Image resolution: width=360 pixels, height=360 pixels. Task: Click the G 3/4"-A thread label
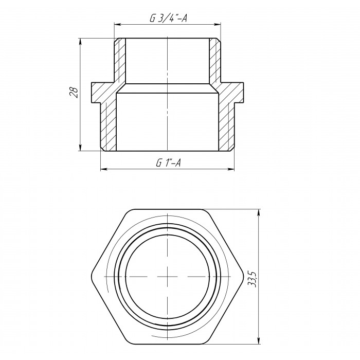click(168, 19)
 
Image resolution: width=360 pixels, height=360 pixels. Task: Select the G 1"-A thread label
click(168, 163)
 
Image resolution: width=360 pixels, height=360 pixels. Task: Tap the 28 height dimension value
click(74, 93)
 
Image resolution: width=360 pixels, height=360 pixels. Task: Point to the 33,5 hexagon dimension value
click(253, 279)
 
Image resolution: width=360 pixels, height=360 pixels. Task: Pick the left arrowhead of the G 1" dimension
click(104, 169)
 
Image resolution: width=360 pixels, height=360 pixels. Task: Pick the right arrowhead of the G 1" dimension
click(231, 169)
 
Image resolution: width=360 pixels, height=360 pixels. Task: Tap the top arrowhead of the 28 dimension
click(80, 42)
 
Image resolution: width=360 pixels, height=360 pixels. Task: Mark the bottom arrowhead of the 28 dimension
click(80, 148)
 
